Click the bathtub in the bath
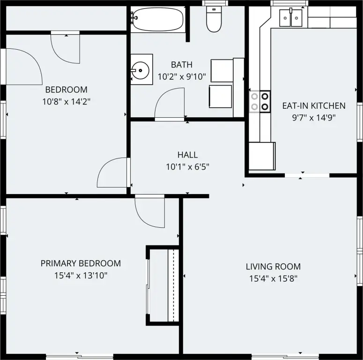[157, 19]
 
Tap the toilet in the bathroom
[214, 19]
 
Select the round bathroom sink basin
[140, 70]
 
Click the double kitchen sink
[291, 18]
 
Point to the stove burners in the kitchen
[260, 101]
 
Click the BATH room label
[182, 65]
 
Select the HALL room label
[187, 155]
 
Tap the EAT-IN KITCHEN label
[314, 105]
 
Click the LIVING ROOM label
[273, 266]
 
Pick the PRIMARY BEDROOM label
[81, 263]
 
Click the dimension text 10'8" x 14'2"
[66, 101]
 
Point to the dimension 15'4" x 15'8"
[273, 278]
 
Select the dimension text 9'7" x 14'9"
[314, 118]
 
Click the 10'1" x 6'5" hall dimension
[187, 166]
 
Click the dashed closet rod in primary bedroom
[173, 285]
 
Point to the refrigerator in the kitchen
[262, 156]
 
